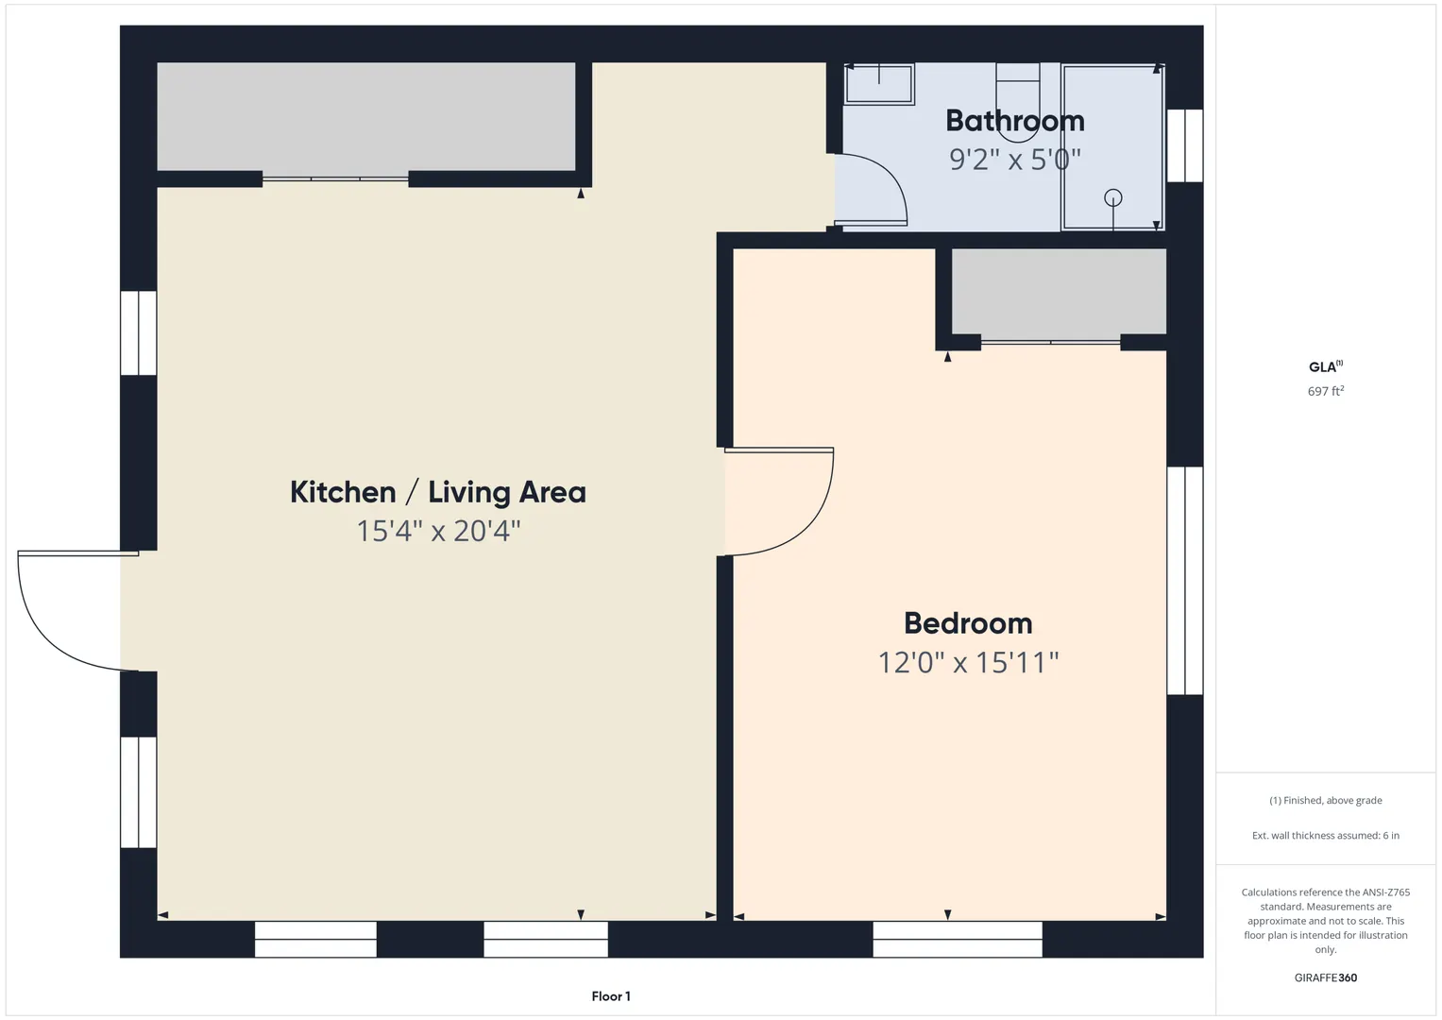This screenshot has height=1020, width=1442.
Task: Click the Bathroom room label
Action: pos(1014,121)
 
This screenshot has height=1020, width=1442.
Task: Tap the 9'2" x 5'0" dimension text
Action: pos(1014,160)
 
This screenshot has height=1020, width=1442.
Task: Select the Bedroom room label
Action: pos(968,623)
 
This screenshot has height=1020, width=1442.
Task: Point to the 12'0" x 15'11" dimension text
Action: pos(968,663)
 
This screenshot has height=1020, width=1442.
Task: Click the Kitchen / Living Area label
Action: pos(438,493)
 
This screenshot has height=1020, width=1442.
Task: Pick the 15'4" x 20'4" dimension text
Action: pos(438,531)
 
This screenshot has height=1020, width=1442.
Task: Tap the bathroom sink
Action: pos(879,84)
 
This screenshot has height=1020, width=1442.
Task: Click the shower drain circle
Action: pos(1113,197)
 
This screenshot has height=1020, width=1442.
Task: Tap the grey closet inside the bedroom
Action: pos(1059,292)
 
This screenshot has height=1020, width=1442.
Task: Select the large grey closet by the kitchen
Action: pos(366,116)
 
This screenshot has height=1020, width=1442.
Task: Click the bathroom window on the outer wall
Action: pos(1184,145)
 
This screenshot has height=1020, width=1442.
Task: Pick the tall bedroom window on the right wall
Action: pos(1184,581)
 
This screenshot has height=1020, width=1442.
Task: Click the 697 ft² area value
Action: pos(1326,391)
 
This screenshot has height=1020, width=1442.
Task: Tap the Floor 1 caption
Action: pos(611,996)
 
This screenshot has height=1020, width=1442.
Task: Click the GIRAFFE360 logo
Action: pos(1326,977)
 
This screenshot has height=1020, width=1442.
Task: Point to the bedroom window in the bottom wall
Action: pos(958,940)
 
